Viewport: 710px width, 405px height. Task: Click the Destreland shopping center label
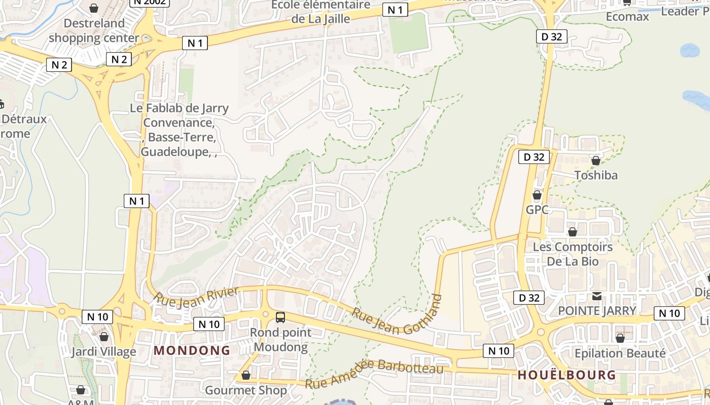(x=94, y=30)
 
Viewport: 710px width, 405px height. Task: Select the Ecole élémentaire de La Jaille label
(x=321, y=12)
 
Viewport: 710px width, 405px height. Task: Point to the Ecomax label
(x=627, y=17)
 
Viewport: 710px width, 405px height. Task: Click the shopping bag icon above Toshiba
(x=596, y=160)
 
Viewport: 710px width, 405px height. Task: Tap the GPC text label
(x=537, y=209)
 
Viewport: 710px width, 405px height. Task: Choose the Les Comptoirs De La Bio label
(x=573, y=254)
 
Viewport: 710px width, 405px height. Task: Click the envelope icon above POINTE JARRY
(x=597, y=296)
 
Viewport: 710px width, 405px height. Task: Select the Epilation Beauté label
(x=620, y=353)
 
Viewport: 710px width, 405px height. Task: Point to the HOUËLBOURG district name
(x=566, y=375)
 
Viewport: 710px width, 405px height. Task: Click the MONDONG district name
(x=192, y=350)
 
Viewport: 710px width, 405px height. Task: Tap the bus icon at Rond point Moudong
(x=280, y=317)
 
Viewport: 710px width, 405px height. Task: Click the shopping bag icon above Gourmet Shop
(x=246, y=375)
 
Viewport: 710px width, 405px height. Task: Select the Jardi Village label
(x=103, y=351)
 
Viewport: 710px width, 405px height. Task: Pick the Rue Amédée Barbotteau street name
(x=374, y=373)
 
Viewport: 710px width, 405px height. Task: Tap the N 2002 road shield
(x=150, y=2)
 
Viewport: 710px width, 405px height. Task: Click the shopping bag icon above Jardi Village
(x=104, y=337)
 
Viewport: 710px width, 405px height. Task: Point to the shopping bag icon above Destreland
(x=94, y=8)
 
